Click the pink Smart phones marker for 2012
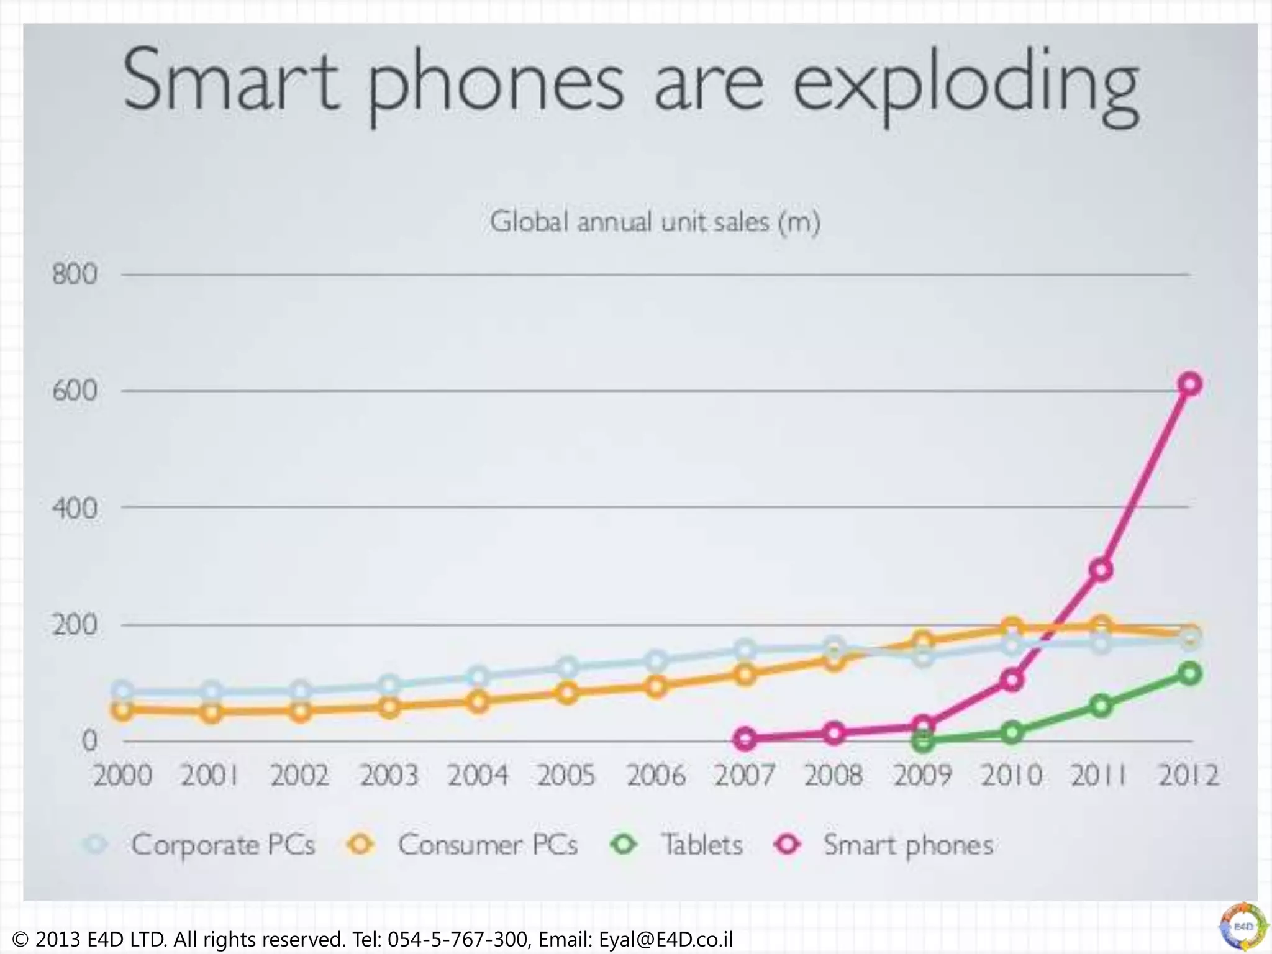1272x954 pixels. [1189, 384]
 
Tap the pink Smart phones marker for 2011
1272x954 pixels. [1101, 569]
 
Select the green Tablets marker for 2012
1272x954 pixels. [1189, 673]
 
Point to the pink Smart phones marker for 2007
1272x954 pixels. [745, 738]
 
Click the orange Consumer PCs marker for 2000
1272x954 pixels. [122, 710]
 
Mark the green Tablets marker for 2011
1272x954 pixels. [1101, 706]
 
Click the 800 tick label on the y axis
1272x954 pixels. [75, 274]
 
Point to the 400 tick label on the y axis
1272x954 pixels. [75, 508]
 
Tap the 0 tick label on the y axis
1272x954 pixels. [89, 741]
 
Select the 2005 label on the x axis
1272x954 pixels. [566, 775]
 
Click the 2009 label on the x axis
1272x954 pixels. [922, 775]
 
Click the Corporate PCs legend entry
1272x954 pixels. [222, 845]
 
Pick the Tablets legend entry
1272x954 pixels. [702, 845]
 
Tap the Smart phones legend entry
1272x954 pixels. [908, 845]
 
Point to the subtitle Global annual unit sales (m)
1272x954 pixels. [655, 222]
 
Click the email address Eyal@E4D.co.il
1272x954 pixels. [665, 939]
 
